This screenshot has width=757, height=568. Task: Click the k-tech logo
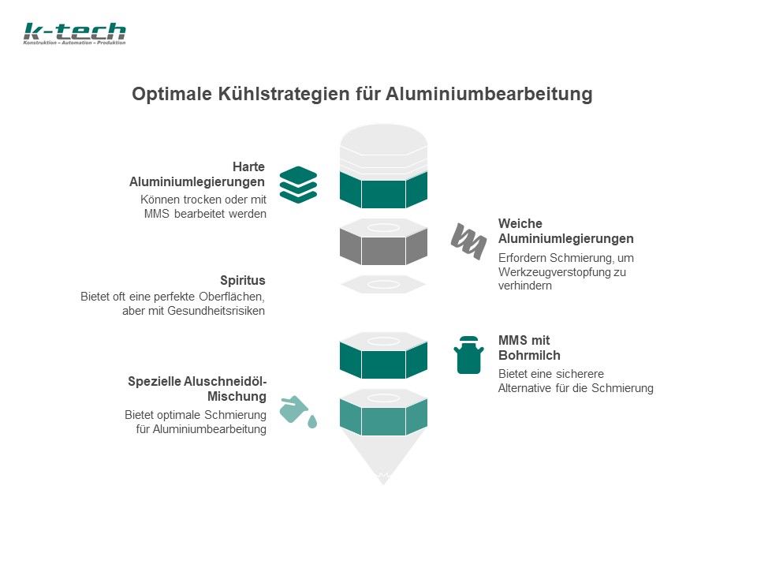[x=74, y=33]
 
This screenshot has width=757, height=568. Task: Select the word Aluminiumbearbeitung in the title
[x=489, y=94]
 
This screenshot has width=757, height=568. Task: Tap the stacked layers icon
[x=298, y=185]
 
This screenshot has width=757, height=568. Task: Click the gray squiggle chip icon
[x=468, y=241]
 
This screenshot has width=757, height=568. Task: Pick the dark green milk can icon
[x=468, y=355]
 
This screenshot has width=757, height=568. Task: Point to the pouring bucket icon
[x=298, y=412]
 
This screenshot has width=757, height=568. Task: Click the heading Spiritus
[x=242, y=280]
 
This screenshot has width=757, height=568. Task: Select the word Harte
[x=248, y=166]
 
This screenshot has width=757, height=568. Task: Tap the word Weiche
[x=520, y=223]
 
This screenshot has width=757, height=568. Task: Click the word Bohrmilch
[x=529, y=355]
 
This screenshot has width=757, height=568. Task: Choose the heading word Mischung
[x=237, y=396]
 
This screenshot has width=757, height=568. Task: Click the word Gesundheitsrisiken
[x=216, y=311]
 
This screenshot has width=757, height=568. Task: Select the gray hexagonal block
[x=383, y=241]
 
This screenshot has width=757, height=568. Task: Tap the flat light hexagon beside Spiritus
[x=383, y=285]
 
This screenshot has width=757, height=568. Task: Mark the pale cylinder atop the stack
[x=383, y=149]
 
